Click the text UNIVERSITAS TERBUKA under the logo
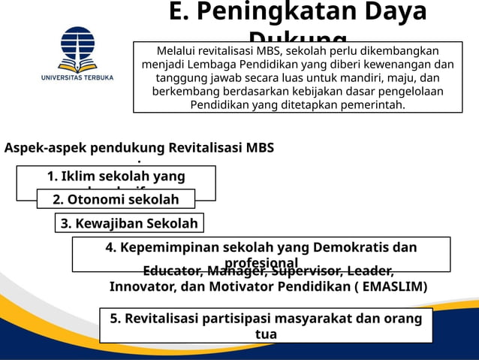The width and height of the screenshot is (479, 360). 78,77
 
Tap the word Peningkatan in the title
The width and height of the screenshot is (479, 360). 280,13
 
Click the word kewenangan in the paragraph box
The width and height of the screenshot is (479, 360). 395,64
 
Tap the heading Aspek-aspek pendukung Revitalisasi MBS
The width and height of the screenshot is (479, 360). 139,148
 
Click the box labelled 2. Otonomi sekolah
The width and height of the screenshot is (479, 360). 116,199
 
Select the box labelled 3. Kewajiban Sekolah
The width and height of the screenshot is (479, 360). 129,223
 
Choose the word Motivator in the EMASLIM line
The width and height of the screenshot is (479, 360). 248,286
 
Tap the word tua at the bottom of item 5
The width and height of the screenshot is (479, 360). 266,334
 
